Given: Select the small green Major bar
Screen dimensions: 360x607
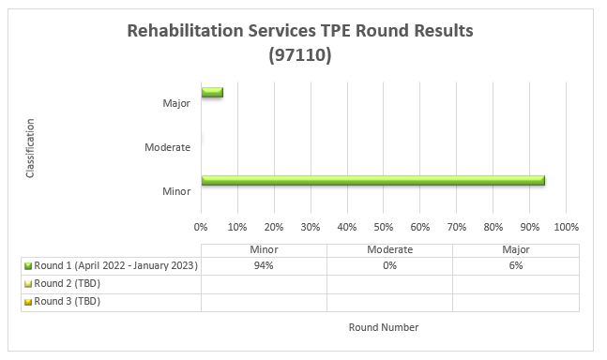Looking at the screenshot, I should pyautogui.click(x=212, y=92).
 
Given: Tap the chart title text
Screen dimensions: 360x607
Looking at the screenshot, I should pyautogui.click(x=300, y=43).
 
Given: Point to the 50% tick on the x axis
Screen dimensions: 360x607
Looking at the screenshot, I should pyautogui.click(x=384, y=227).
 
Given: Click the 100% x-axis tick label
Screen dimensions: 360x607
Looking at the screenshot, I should pyautogui.click(x=567, y=227).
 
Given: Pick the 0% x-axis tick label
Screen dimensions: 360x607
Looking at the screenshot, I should pyautogui.click(x=201, y=227).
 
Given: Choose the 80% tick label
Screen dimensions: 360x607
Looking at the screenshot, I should pyautogui.click(x=493, y=227).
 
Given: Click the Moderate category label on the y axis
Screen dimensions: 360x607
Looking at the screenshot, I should pyautogui.click(x=168, y=147).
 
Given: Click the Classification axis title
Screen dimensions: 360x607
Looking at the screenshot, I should pyautogui.click(x=31, y=147).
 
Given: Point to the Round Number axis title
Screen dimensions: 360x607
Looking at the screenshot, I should pyautogui.click(x=383, y=327).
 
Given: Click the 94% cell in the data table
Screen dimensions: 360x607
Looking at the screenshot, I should pyautogui.click(x=264, y=265).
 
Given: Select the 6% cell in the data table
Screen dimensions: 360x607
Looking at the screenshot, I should pyautogui.click(x=515, y=265).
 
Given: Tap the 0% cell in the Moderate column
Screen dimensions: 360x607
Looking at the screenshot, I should pyautogui.click(x=389, y=265).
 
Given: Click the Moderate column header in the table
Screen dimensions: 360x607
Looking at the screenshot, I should pyautogui.click(x=389, y=249).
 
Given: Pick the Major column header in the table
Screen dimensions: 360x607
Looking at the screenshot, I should pyautogui.click(x=515, y=249).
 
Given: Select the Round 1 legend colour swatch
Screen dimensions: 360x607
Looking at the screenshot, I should pyautogui.click(x=28, y=266).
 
